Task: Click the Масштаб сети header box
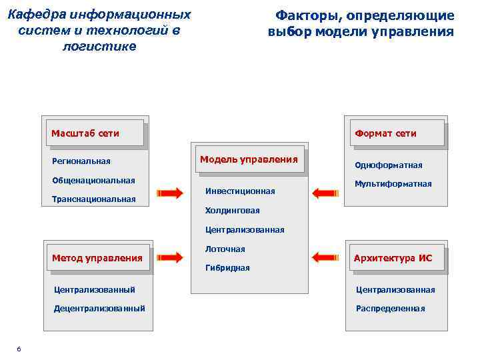click(x=95, y=133)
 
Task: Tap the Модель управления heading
click(x=249, y=159)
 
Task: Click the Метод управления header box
click(x=97, y=258)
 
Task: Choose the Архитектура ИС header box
click(x=393, y=258)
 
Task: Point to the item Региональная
click(x=81, y=161)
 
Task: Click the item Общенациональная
click(x=93, y=180)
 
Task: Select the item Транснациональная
click(x=93, y=199)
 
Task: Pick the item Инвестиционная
click(x=240, y=191)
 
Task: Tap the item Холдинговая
click(x=233, y=211)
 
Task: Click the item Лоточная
click(x=225, y=249)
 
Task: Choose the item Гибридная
click(x=227, y=268)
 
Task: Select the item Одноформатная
click(x=389, y=165)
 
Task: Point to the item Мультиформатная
click(x=393, y=184)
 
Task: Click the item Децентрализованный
click(x=99, y=308)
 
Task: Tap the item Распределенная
click(x=390, y=309)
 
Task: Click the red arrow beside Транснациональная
click(x=169, y=193)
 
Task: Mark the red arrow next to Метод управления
click(x=169, y=257)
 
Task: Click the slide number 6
click(x=19, y=350)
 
